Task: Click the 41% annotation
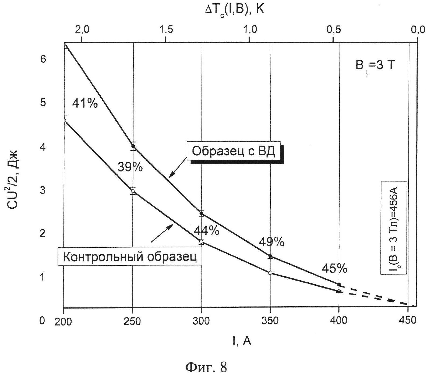coord(85,103)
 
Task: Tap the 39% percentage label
coord(130,167)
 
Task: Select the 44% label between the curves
coord(206,231)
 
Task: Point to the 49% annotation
coord(271,243)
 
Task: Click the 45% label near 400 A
coord(335,268)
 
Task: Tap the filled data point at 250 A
coord(133,146)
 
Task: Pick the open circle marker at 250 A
coord(133,191)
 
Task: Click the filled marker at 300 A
coord(201,213)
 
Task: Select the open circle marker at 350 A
coord(270,273)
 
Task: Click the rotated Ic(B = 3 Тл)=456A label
coord(394,228)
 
